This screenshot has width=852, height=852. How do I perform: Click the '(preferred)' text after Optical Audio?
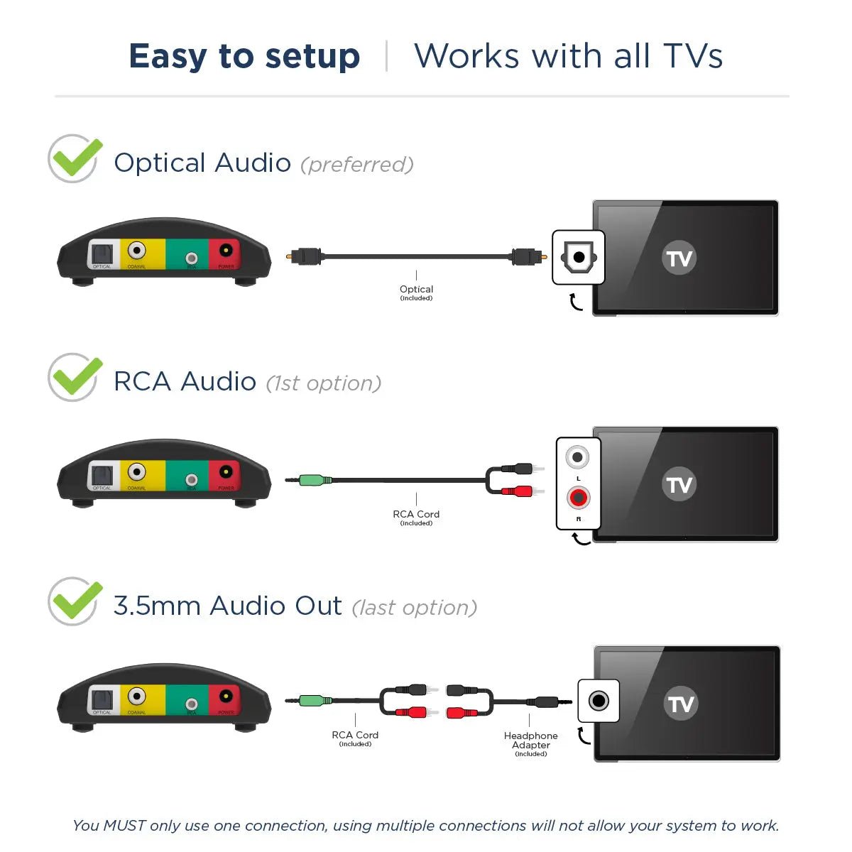click(356, 165)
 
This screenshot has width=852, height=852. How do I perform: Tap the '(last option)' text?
click(415, 608)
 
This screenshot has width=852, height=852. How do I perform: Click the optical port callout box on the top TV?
click(579, 257)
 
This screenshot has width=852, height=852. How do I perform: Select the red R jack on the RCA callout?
click(579, 498)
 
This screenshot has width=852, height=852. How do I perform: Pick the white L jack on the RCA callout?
click(578, 457)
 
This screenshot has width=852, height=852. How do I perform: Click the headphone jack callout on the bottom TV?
click(599, 701)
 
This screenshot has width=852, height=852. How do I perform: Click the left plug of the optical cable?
click(306, 256)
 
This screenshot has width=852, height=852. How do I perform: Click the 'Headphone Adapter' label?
click(530, 741)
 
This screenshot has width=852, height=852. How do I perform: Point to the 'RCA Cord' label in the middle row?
click(416, 514)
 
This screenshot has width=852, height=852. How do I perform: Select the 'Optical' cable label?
click(416, 289)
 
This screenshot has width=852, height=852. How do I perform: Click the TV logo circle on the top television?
click(679, 258)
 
